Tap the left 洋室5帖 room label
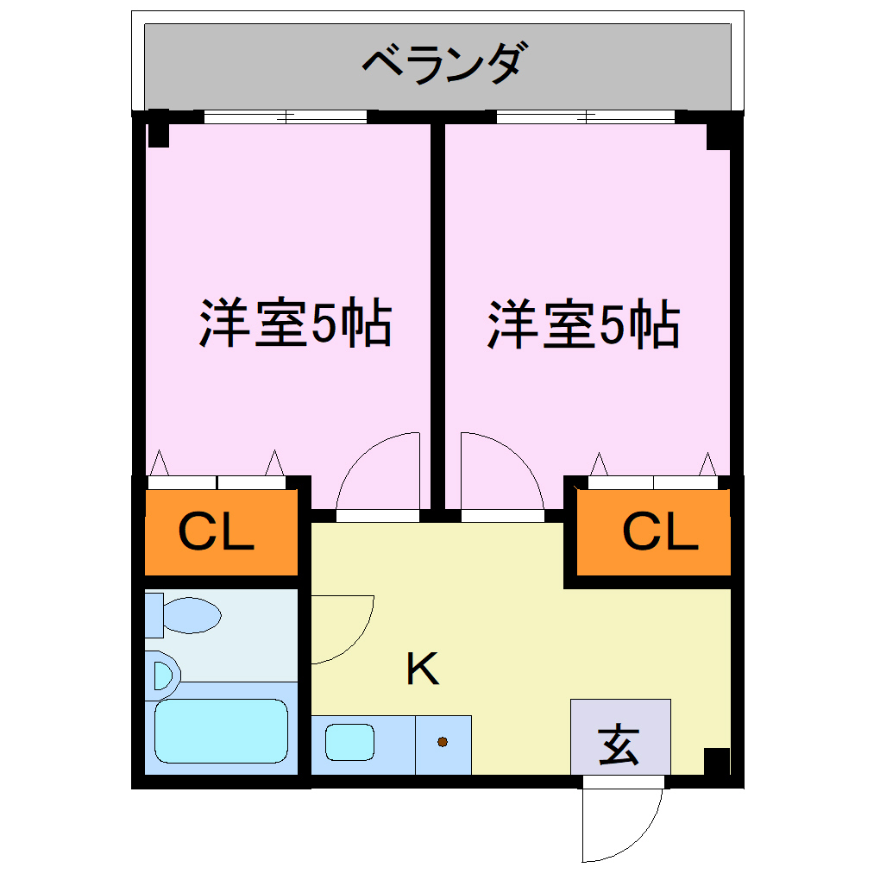(296, 324)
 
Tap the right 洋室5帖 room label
(584, 324)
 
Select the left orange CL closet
(221, 532)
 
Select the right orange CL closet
(654, 532)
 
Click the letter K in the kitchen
(423, 669)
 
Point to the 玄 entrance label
(619, 745)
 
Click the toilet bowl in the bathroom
(192, 615)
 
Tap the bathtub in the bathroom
(221, 731)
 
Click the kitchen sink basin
(349, 742)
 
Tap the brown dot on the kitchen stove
(443, 742)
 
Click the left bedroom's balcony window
(285, 116)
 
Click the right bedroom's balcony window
(585, 116)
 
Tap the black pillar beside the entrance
(717, 761)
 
